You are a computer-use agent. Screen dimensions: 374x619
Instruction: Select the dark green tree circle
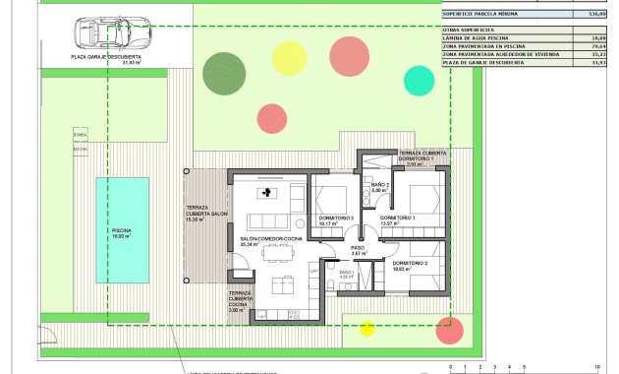(x=218, y=70)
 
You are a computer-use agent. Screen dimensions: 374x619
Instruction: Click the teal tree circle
(x=419, y=79)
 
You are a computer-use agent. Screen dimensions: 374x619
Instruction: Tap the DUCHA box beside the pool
(x=80, y=150)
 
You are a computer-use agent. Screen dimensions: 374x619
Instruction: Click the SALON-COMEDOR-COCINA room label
(x=269, y=238)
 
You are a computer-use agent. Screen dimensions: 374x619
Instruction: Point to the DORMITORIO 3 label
(x=335, y=218)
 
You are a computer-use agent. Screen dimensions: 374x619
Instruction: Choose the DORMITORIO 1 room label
(x=397, y=218)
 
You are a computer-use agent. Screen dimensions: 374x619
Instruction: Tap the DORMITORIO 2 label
(x=410, y=264)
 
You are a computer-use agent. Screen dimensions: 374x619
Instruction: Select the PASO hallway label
(x=359, y=247)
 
